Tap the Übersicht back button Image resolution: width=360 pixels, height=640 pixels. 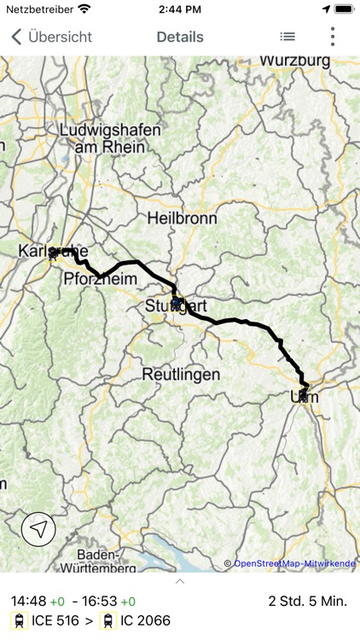coord(51,37)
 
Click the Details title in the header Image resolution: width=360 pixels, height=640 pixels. coord(180,37)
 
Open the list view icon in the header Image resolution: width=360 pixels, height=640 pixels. coord(287,37)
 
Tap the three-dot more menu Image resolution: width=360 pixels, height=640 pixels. coord(333,37)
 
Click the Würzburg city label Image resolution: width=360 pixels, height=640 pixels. coord(295,61)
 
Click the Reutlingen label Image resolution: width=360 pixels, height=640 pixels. coord(181,375)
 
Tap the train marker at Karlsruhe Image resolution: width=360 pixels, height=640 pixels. coord(55,252)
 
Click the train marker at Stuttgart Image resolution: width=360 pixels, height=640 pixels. coord(177,302)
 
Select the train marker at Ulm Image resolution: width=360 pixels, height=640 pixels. coord(303,395)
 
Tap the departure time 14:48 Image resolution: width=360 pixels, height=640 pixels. coord(28,601)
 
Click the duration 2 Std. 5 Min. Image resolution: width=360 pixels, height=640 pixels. coord(307,601)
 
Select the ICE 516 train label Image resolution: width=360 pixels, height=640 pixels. coord(53,621)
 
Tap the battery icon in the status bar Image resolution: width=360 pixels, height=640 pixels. coord(344,9)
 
